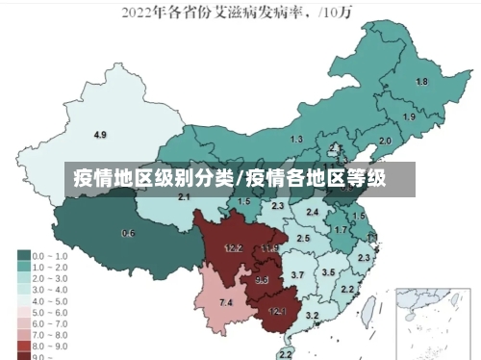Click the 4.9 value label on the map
[x=99, y=134]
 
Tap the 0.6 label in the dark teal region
[x=128, y=233]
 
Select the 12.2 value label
[x=233, y=247]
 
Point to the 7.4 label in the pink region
[x=225, y=303]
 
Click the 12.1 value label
[x=277, y=310]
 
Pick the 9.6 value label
[x=262, y=280]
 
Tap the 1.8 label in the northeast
[x=420, y=83]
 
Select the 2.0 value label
[x=385, y=141]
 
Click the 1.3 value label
[x=295, y=140]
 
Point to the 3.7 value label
[x=297, y=275]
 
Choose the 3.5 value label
[x=328, y=272]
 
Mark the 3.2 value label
[x=311, y=315]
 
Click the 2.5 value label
[x=304, y=238]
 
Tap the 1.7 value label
[x=341, y=230]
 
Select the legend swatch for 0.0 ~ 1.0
[x=22, y=257]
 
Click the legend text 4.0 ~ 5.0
[x=50, y=299]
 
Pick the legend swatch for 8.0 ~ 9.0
[x=22, y=344]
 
